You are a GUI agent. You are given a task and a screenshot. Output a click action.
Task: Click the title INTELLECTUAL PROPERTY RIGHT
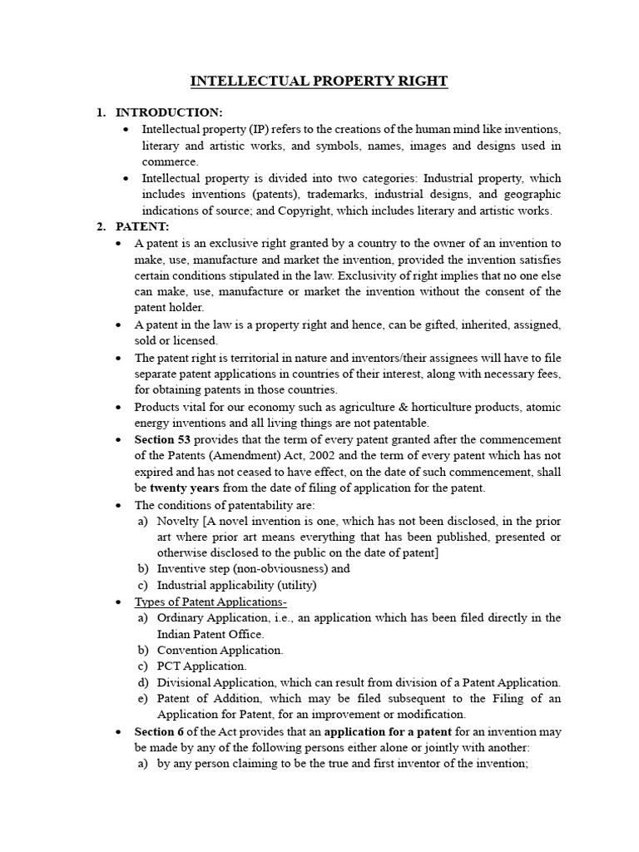pos(319,81)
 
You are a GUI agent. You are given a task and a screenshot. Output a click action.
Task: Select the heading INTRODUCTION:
pos(169,112)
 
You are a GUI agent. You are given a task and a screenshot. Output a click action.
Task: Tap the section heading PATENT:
pos(142,226)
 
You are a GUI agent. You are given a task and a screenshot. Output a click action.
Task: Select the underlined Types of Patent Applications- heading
pos(211,602)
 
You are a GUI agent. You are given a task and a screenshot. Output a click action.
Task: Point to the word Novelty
pos(180,521)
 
